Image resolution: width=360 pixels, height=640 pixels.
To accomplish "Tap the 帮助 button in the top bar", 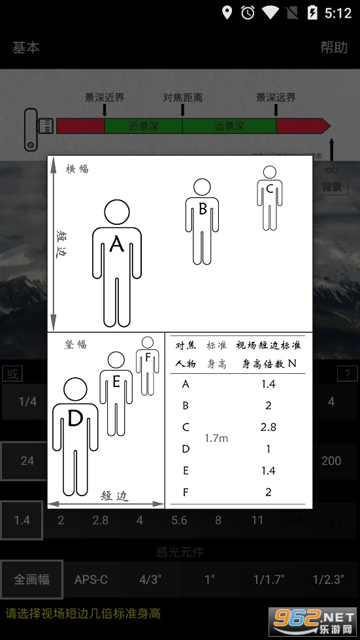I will pos(333,47).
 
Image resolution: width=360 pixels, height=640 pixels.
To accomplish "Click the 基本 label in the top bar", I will pos(25,47).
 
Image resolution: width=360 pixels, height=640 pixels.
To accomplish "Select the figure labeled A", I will pos(117,261).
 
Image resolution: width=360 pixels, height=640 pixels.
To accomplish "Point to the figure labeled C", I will pos(269,196).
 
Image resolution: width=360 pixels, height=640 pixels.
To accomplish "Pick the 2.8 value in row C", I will pos(268,427).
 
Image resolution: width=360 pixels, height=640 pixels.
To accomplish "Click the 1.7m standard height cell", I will pos(216,438).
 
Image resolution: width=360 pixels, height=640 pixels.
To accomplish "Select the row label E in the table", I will pos(186,470).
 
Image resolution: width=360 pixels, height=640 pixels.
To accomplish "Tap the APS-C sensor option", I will pos(91,579).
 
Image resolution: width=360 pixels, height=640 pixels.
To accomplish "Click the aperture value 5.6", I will pos(179,520).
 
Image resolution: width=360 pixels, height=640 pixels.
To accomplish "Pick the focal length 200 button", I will pos(331,461).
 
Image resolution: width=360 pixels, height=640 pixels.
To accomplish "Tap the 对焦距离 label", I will pos(182,97).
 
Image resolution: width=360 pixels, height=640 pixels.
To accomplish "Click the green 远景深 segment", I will pos(229,126).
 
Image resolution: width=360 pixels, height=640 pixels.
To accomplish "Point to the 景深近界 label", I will pos(105,97).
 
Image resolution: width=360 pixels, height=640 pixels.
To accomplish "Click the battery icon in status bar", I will pos(312,12).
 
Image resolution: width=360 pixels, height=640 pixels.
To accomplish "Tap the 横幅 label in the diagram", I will pos(77,169).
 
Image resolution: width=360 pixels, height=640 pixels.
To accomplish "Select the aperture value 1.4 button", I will pos(22,520).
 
